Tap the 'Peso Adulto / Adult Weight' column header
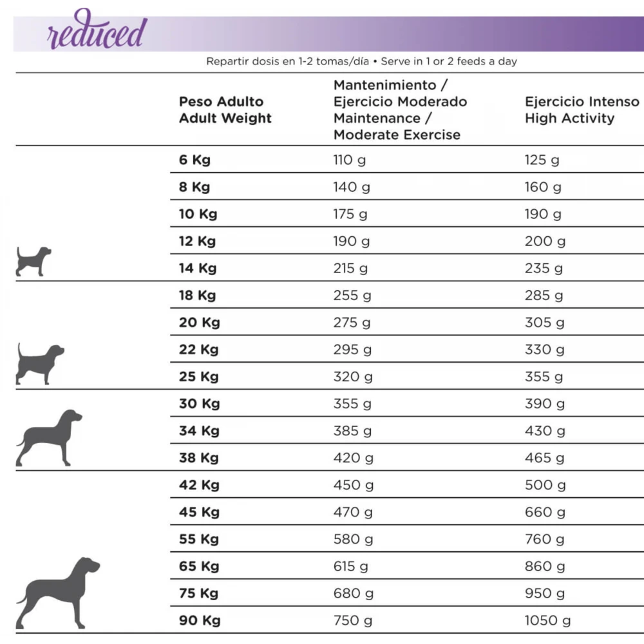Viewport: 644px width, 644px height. coord(225,110)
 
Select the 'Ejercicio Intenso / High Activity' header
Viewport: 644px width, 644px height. coord(582,110)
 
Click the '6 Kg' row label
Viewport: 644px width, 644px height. coord(194,160)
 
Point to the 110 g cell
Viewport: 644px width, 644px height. coord(349,160)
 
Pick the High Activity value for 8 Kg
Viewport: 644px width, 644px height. coord(543,187)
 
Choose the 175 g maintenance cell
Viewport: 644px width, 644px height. coord(350,214)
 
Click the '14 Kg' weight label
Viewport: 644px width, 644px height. coord(197,269)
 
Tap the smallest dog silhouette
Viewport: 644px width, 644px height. coord(33,261)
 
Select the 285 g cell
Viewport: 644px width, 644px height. coord(544,296)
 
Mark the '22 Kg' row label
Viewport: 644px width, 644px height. coord(198,350)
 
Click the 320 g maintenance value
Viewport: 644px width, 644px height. coord(353,377)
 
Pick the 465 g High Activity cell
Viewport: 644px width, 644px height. coord(544,458)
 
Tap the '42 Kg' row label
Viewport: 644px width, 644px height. coord(199,485)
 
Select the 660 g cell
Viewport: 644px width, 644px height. coord(545,512)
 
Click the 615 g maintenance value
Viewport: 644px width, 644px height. coord(351,566)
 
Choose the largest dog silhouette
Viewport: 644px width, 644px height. coord(58,592)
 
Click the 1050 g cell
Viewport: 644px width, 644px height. coord(547,620)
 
